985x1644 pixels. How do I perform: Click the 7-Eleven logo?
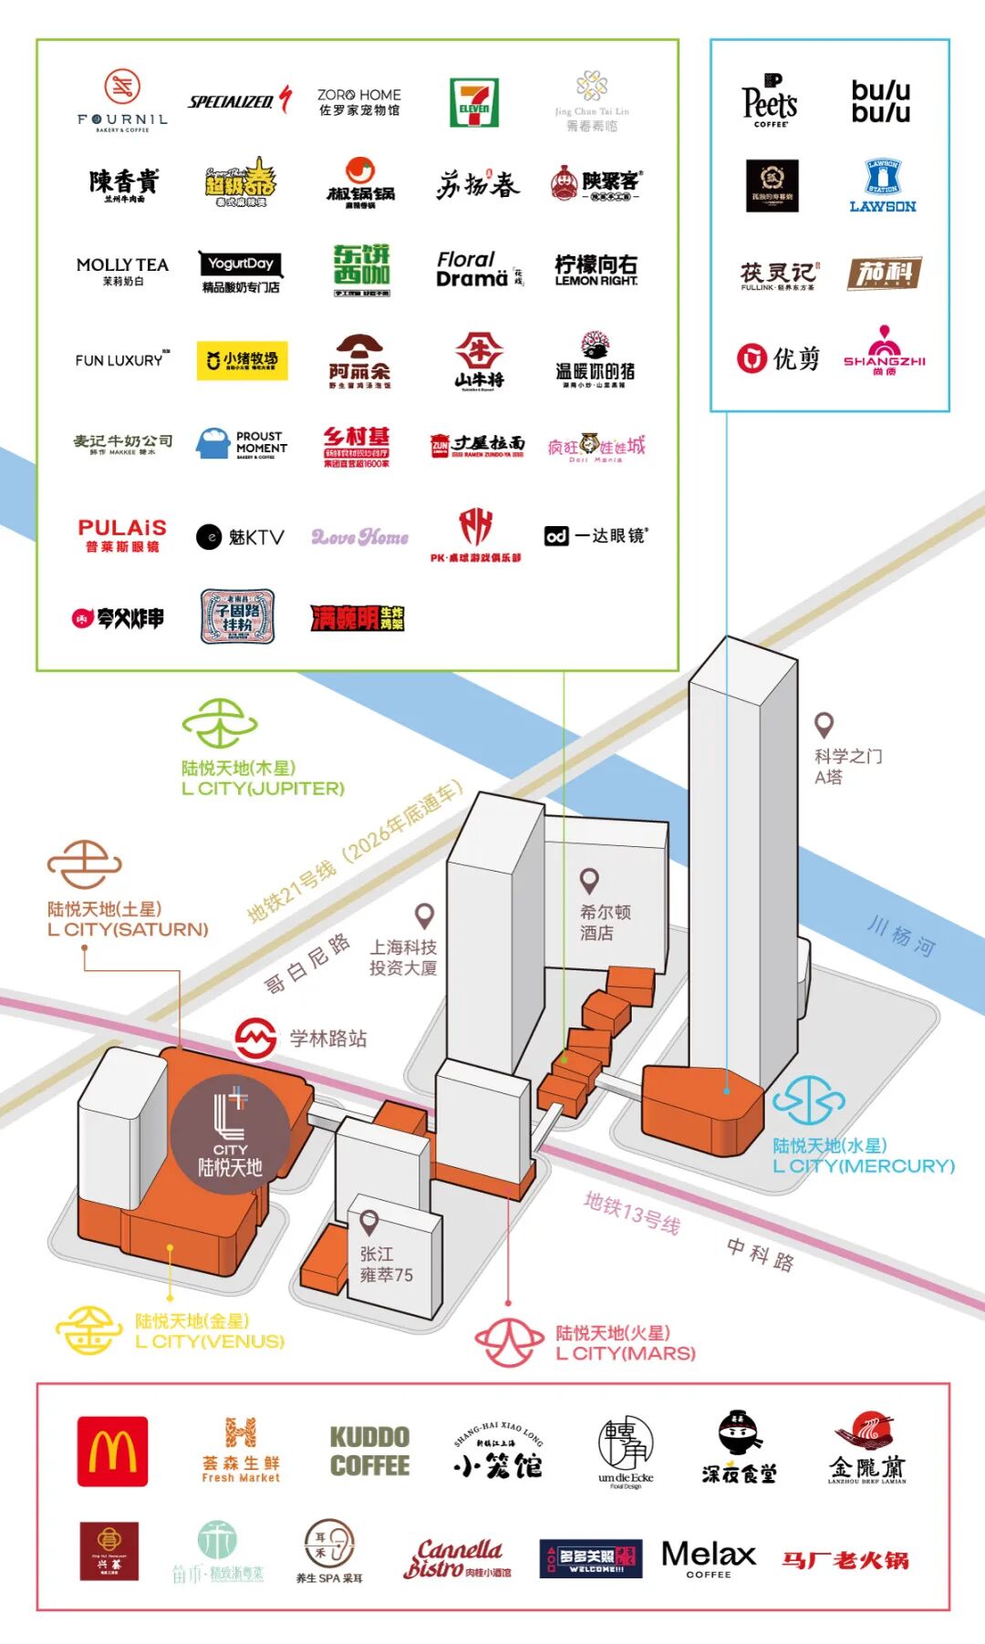(473, 102)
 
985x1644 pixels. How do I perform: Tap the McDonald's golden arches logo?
(112, 1451)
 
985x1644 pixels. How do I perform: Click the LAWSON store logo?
(882, 186)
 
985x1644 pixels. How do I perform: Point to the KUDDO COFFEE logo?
(369, 1451)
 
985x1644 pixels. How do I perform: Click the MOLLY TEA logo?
(122, 270)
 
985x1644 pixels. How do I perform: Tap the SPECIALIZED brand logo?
(239, 100)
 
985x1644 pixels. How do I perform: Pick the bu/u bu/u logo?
(880, 101)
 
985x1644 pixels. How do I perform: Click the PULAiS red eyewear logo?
(122, 534)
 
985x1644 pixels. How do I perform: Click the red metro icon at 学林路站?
(255, 1038)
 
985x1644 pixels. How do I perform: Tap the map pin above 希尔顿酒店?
(590, 881)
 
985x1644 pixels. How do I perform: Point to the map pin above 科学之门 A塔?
(824, 725)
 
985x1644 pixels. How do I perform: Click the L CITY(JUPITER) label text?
(263, 789)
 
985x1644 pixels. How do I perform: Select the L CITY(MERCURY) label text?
(863, 1166)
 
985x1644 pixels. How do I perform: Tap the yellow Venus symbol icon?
(88, 1330)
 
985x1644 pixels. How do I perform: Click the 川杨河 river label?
(900, 937)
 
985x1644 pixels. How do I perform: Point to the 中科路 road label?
(760, 1255)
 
